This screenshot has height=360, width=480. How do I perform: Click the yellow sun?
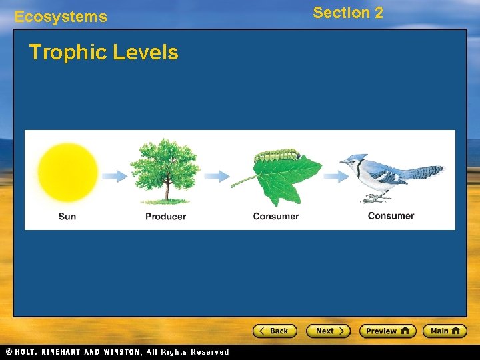pyautogui.click(x=67, y=173)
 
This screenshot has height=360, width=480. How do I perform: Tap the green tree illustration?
pyautogui.click(x=165, y=167)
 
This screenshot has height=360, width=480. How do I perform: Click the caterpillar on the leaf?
pyautogui.click(x=277, y=155)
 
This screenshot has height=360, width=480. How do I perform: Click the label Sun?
pyautogui.click(x=67, y=216)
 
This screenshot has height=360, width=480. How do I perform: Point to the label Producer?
pyautogui.click(x=165, y=216)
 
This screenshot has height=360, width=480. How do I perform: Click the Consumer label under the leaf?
pyautogui.click(x=276, y=216)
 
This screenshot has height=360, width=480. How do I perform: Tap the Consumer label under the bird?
pyautogui.click(x=391, y=215)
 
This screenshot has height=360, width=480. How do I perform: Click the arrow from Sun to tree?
pyautogui.click(x=115, y=176)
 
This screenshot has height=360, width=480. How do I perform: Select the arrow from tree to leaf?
pyautogui.click(x=217, y=176)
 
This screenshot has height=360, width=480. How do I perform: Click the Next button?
pyautogui.click(x=328, y=331)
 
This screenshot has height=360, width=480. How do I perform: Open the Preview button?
pyautogui.click(x=387, y=331)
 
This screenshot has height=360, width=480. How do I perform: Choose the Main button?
pyautogui.click(x=445, y=331)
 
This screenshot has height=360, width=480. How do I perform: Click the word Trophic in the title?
pyautogui.click(x=63, y=53)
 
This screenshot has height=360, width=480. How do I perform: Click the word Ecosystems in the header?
pyautogui.click(x=61, y=17)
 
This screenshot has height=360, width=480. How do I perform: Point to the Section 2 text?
pyautogui.click(x=348, y=13)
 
